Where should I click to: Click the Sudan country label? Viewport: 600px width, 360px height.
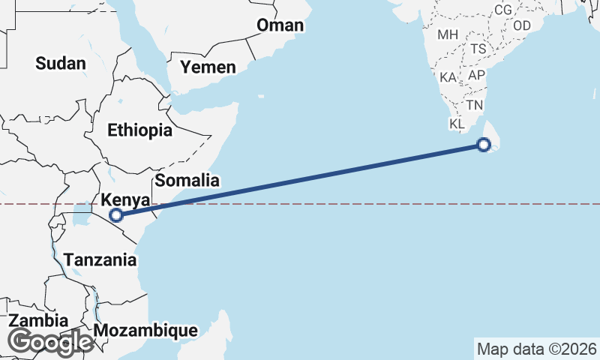click(61, 63)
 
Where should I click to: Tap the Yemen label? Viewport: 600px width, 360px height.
click(208, 67)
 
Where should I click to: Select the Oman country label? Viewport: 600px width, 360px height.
click(280, 25)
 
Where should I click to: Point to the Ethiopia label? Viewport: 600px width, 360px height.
click(139, 130)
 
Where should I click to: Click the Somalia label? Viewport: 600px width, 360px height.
click(187, 180)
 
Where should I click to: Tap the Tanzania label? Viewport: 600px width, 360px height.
click(100, 260)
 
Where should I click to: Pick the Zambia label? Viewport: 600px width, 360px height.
click(38, 321)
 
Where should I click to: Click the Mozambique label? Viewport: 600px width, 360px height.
click(146, 330)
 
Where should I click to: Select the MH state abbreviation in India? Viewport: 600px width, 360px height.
click(448, 34)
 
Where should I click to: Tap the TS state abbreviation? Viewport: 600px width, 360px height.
click(478, 49)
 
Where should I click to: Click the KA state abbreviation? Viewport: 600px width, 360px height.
click(448, 77)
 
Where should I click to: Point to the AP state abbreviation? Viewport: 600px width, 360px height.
click(476, 76)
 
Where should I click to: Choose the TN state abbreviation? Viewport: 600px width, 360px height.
click(475, 105)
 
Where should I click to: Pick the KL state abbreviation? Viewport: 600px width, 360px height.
click(457, 124)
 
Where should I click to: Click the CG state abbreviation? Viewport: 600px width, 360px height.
click(503, 10)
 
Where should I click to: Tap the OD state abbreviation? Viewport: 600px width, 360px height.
click(522, 25)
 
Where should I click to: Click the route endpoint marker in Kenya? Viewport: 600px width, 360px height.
click(115, 216)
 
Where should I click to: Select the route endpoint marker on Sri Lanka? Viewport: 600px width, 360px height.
click(484, 145)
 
